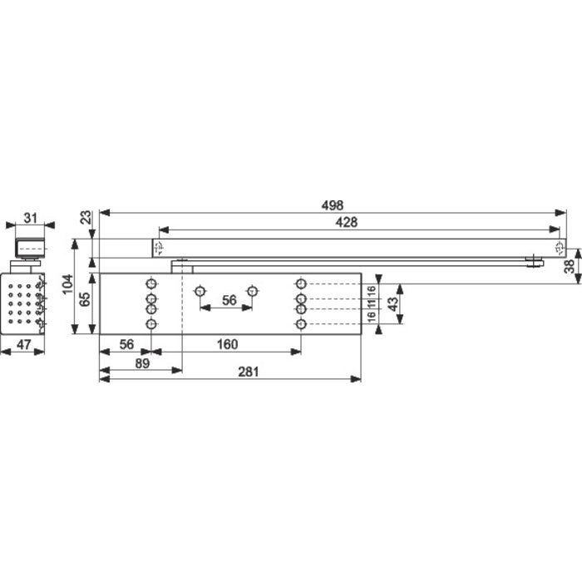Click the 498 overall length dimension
click(x=333, y=205)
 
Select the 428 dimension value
click(x=347, y=222)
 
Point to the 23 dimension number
click(x=86, y=217)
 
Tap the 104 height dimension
click(x=67, y=284)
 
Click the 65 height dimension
click(x=86, y=299)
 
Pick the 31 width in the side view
click(x=31, y=218)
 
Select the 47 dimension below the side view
click(x=24, y=344)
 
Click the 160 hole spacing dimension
click(x=227, y=344)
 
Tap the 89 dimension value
click(x=142, y=363)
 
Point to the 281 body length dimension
click(x=248, y=372)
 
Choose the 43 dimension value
click(x=392, y=303)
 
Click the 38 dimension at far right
click(x=569, y=267)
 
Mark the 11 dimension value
click(x=372, y=303)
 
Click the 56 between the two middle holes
click(x=229, y=300)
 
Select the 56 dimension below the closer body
click(x=126, y=344)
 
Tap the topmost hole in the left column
click(x=151, y=284)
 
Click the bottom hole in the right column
click(x=301, y=324)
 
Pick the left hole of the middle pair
click(x=200, y=291)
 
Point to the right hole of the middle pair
click(x=253, y=291)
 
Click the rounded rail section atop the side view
click(x=30, y=248)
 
